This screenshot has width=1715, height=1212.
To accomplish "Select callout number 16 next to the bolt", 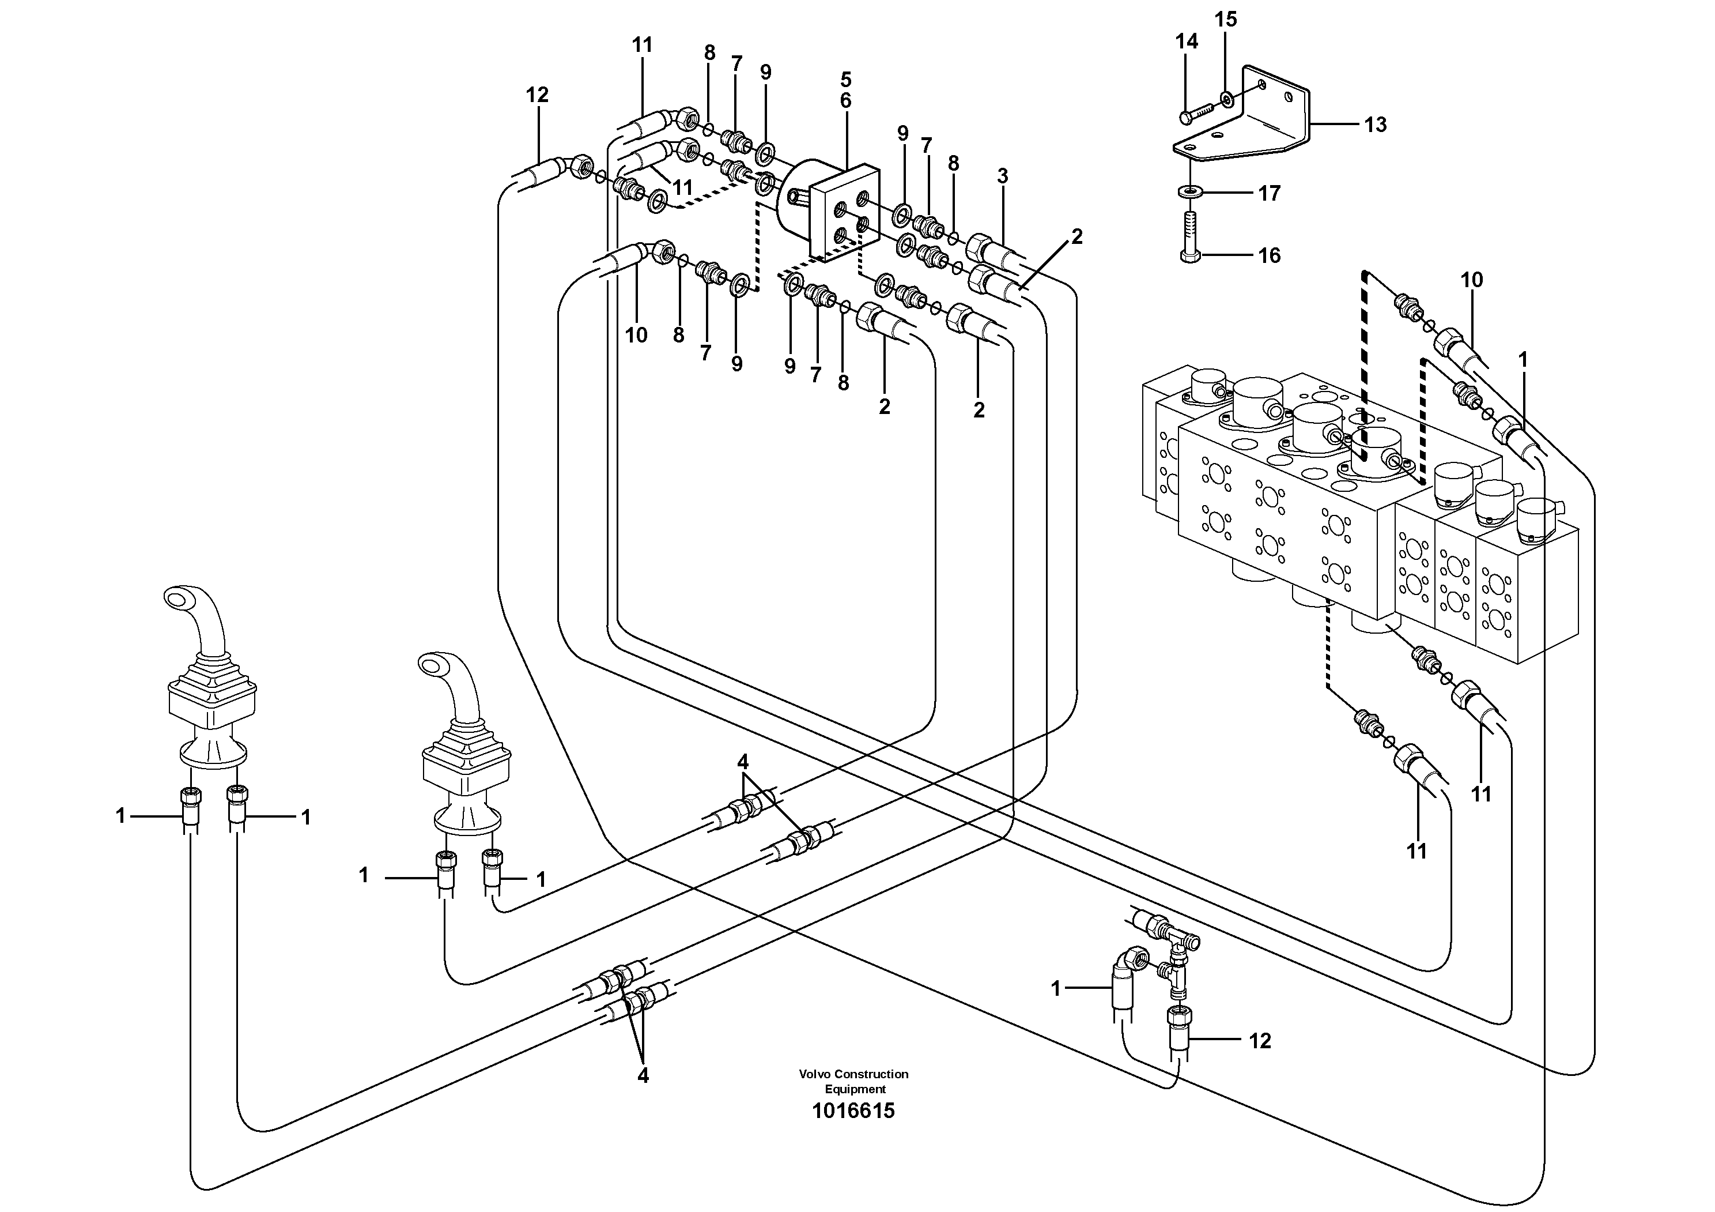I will point(1269,255).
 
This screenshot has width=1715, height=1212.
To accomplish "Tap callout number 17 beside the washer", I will point(1269,194).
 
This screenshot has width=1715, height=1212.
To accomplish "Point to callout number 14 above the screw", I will point(1186,42).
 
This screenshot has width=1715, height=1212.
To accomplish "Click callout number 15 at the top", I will point(1226,20).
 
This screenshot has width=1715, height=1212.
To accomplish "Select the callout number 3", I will point(1002,176).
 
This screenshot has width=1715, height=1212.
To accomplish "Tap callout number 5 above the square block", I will point(845,79).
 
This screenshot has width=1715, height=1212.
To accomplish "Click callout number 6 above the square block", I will point(845,100).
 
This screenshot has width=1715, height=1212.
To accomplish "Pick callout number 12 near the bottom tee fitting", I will point(1259,1041).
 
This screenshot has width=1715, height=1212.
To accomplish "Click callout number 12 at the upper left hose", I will point(537,95).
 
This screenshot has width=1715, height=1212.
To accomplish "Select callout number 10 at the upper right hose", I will point(1471,280).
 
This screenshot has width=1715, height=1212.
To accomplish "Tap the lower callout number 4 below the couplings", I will point(643,1075).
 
